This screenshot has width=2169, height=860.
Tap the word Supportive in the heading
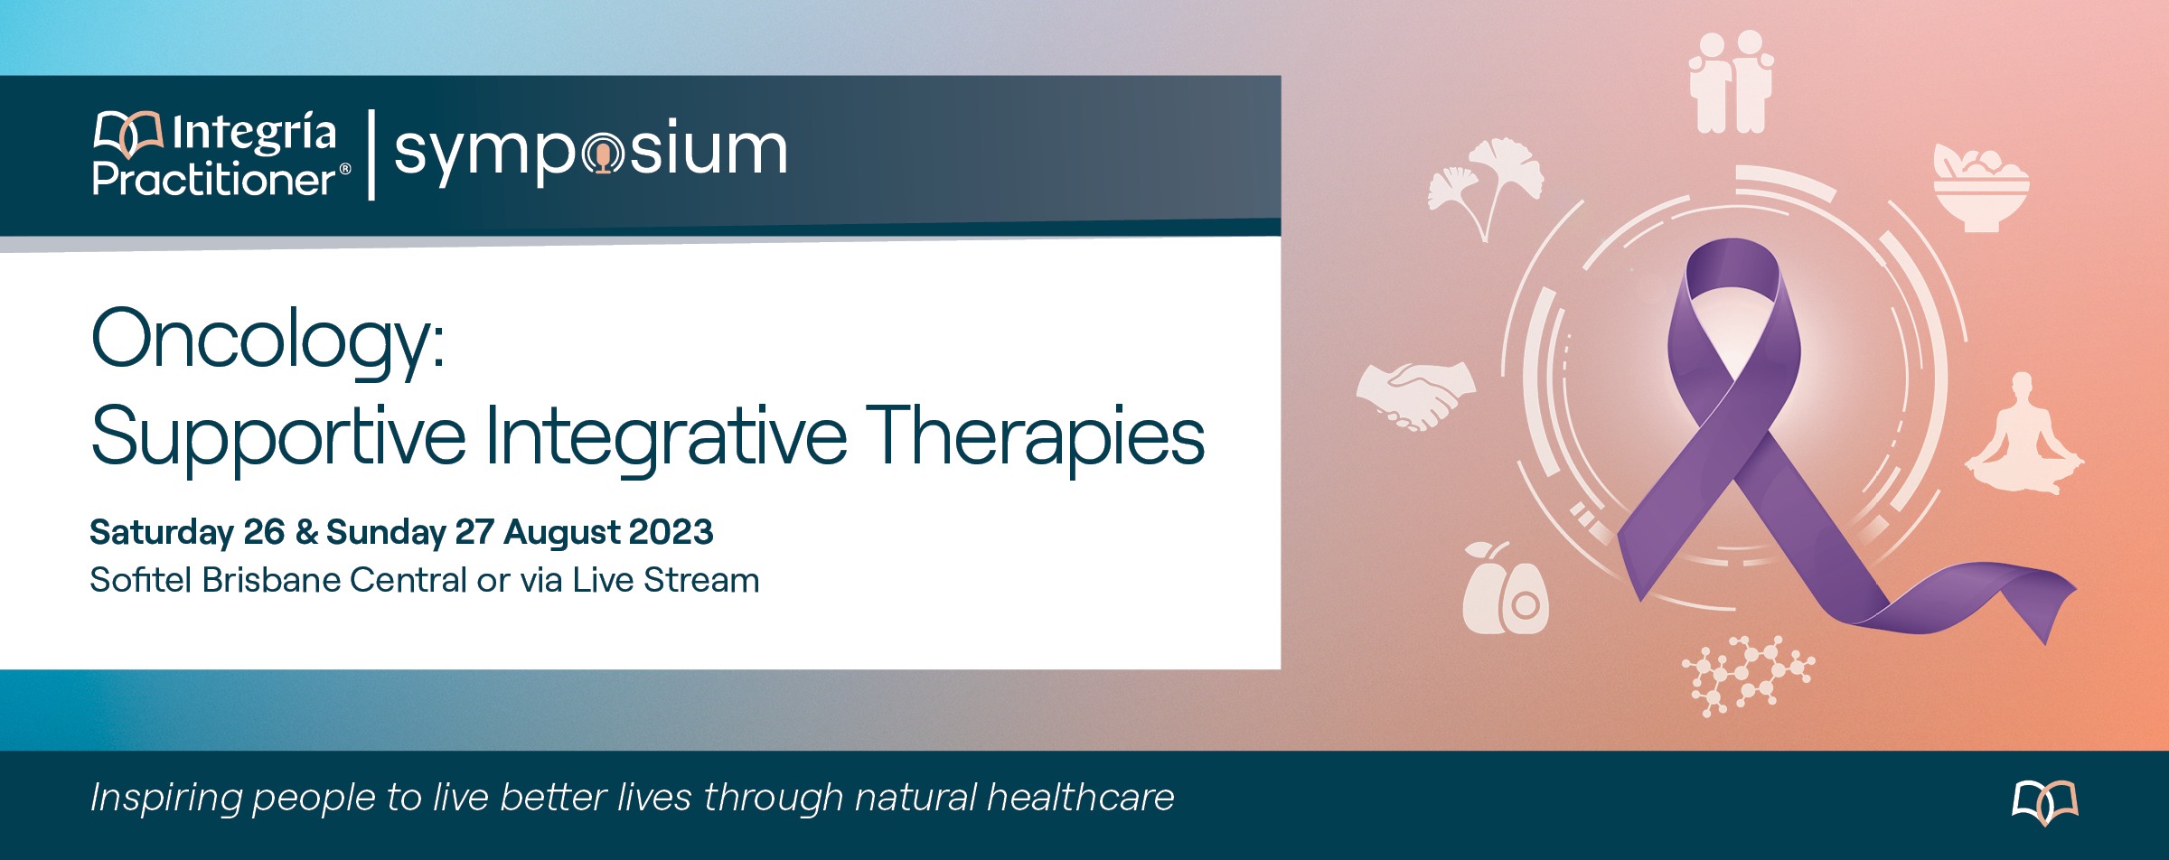[x=278, y=438]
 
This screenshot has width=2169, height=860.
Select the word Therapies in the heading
[x=1035, y=438]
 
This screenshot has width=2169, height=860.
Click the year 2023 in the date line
[x=671, y=532]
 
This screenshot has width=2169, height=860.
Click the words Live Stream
[x=665, y=580]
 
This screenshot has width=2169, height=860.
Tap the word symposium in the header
[x=591, y=151]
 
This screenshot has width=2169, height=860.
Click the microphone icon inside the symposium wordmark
[x=602, y=154]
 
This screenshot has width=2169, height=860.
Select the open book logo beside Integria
[x=128, y=134]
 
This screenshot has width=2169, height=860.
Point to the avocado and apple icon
[x=1505, y=588]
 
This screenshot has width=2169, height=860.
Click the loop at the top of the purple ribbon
[x=1733, y=271]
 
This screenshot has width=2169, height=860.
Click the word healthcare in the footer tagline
[x=1080, y=798]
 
